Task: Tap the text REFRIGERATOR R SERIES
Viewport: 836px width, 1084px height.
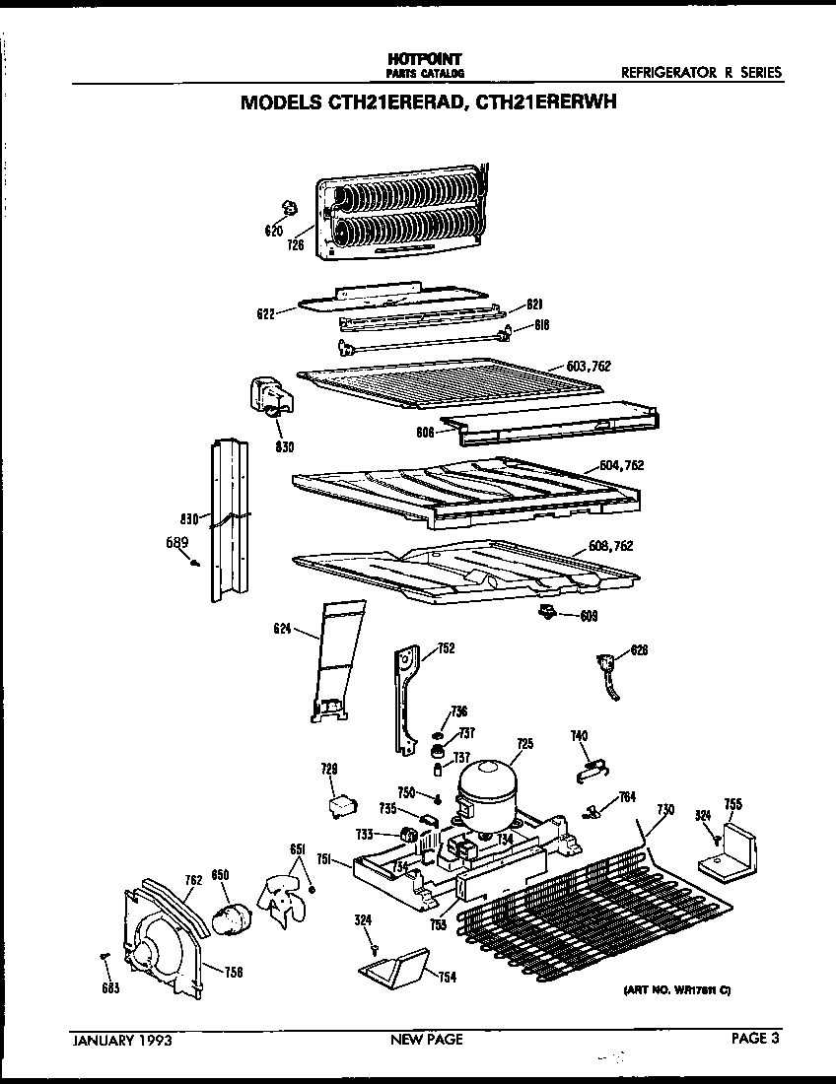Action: [x=701, y=72]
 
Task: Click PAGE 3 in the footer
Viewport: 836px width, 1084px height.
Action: [x=756, y=1038]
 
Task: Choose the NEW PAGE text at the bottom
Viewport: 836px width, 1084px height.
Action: [x=426, y=1039]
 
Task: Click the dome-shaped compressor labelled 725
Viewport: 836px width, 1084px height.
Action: [x=486, y=787]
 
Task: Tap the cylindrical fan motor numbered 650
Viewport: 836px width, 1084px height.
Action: [x=234, y=918]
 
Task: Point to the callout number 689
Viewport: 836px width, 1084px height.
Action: [x=175, y=541]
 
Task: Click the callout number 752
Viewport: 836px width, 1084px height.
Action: [x=446, y=647]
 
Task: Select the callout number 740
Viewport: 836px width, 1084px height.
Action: [x=580, y=735]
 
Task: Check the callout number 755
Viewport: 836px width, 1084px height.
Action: [x=732, y=804]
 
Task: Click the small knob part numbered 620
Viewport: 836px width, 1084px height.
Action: [x=289, y=208]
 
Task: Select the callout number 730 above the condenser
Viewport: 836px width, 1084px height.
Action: [x=665, y=809]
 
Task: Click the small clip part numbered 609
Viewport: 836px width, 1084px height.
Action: [x=546, y=615]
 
